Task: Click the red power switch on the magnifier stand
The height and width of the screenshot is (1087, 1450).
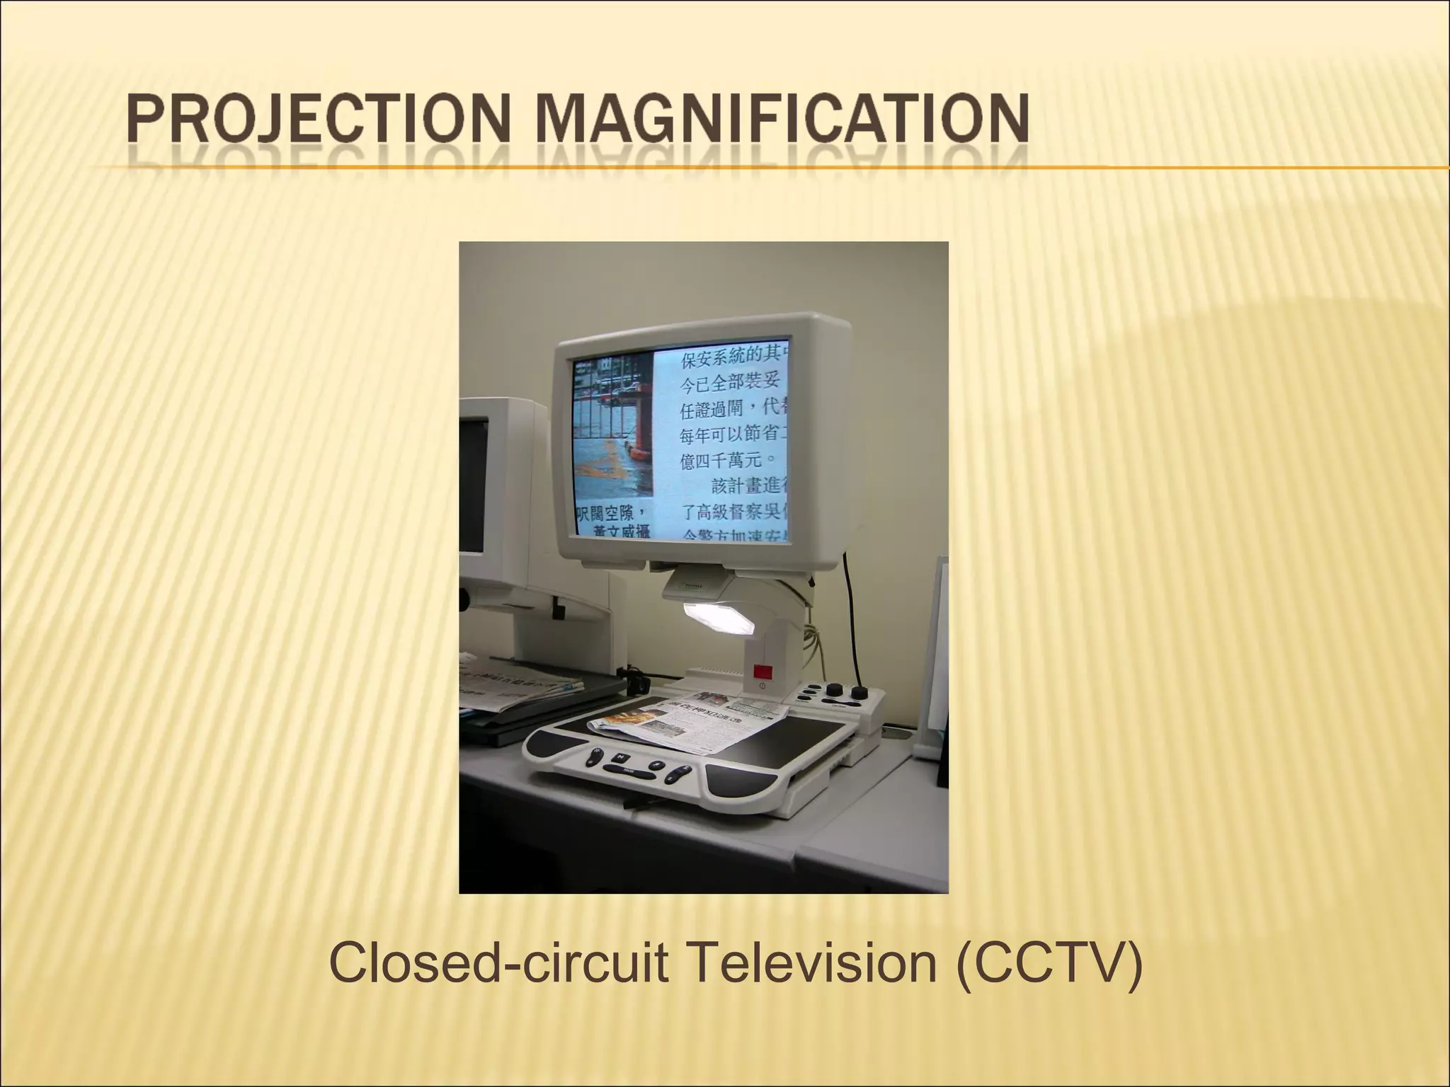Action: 763,672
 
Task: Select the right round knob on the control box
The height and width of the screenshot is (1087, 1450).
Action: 861,692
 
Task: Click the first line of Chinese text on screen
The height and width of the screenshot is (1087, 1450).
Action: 733,359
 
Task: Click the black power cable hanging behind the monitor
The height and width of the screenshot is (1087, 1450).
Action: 850,623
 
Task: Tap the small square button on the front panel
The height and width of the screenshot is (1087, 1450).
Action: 617,757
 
